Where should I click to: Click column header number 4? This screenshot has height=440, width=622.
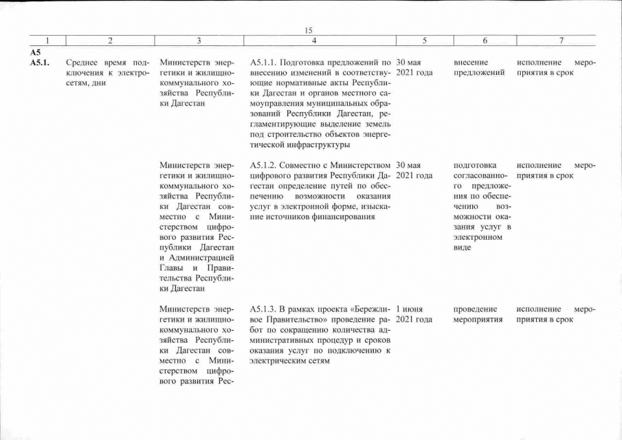pos(313,41)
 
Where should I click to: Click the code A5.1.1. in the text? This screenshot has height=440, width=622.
pos(266,62)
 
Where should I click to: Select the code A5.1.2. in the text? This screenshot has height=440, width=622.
pos(266,165)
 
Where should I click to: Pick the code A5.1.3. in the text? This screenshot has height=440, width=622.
pos(266,309)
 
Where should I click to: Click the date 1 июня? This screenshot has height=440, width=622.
pos(410,309)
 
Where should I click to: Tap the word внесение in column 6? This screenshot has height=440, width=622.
pos(471,62)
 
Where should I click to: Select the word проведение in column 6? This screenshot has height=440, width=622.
pos(476,309)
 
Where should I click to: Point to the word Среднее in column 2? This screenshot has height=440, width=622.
pos(83,62)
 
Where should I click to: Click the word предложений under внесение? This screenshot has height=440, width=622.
pos(479,72)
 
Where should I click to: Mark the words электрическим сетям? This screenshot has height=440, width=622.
pos(282,361)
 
